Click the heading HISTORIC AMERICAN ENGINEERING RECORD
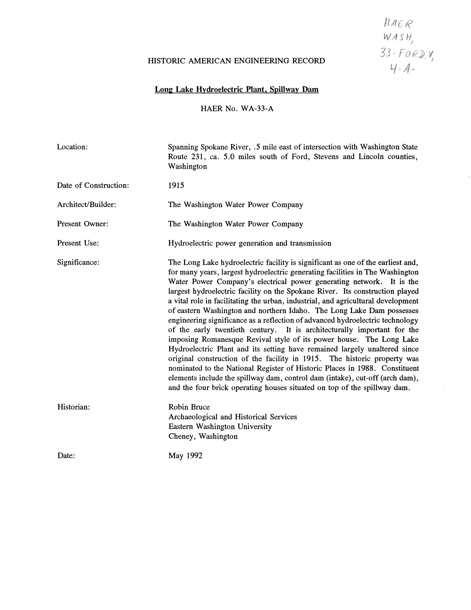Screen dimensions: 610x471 [236, 61]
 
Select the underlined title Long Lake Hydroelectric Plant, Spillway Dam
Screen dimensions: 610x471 [236, 89]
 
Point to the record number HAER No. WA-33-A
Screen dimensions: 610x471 [236, 108]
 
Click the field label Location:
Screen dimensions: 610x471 [72, 147]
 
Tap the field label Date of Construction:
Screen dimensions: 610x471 [93, 185]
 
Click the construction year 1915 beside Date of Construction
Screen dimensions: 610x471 [176, 185]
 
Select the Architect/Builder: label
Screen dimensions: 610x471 [87, 204]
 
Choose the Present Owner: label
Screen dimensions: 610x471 [83, 224]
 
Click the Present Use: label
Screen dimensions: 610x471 [78, 243]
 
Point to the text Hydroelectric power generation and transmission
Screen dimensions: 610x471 [250, 243]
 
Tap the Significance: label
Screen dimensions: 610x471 [78, 262]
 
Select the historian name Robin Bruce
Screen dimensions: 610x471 [189, 407]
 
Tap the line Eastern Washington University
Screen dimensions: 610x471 [220, 427]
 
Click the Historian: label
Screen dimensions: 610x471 [74, 407]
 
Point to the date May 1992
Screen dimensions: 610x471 [185, 456]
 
